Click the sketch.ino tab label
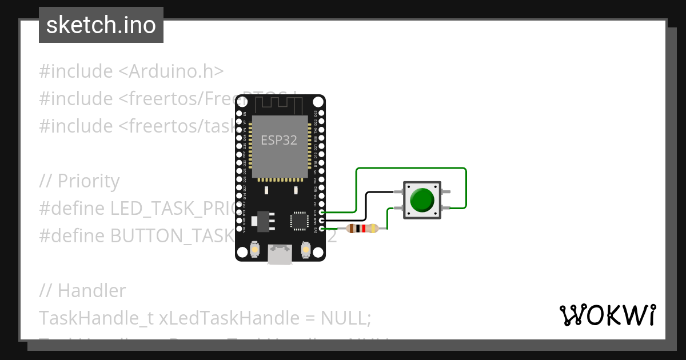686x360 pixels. pyautogui.click(x=101, y=25)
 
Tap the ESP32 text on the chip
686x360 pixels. pyautogui.click(x=279, y=140)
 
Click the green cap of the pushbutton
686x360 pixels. pyautogui.click(x=422, y=199)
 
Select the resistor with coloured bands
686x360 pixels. pyautogui.click(x=363, y=229)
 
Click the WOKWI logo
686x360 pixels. pyautogui.click(x=607, y=315)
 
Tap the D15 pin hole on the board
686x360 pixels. pyautogui.click(x=322, y=212)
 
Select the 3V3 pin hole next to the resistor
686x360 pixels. pyautogui.click(x=322, y=229)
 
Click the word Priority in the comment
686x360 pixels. pyautogui.click(x=89, y=181)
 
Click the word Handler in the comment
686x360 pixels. pyautogui.click(x=91, y=291)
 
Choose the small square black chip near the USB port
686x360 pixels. pyautogui.click(x=299, y=220)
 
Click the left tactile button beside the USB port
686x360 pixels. pyautogui.click(x=255, y=250)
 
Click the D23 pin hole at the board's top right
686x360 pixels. pyautogui.click(x=322, y=113)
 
